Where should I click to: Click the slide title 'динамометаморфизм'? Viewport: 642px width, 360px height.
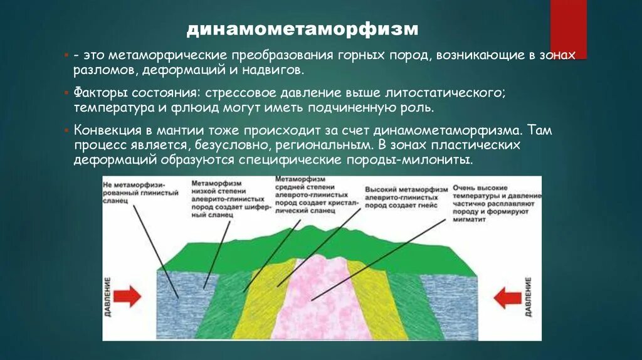pos(303,29)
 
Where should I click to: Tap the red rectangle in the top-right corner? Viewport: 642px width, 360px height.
pos(568,28)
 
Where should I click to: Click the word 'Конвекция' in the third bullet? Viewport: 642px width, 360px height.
pos(104,132)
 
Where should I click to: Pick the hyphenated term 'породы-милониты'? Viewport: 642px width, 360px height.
pos(414,159)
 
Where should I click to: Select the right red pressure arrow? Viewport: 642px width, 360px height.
pos(507,297)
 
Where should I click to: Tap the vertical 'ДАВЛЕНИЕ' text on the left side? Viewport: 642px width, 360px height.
pos(108,297)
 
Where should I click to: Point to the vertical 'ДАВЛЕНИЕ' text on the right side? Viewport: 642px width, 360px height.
pos(529,297)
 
